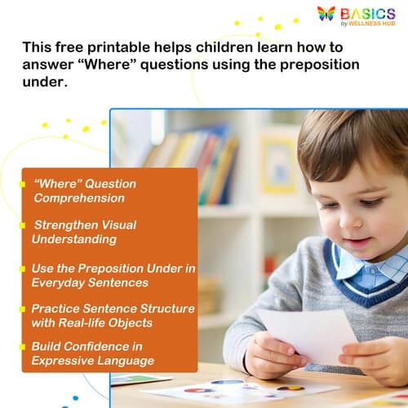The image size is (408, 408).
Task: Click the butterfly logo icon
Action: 326,14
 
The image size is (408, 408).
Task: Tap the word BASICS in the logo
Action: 368,14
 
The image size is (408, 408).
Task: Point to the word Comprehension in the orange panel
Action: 79,198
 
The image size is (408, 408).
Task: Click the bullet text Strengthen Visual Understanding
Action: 83,232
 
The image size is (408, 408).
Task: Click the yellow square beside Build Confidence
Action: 23,346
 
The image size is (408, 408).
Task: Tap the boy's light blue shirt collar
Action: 359,266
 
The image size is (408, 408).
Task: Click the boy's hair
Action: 343,139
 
